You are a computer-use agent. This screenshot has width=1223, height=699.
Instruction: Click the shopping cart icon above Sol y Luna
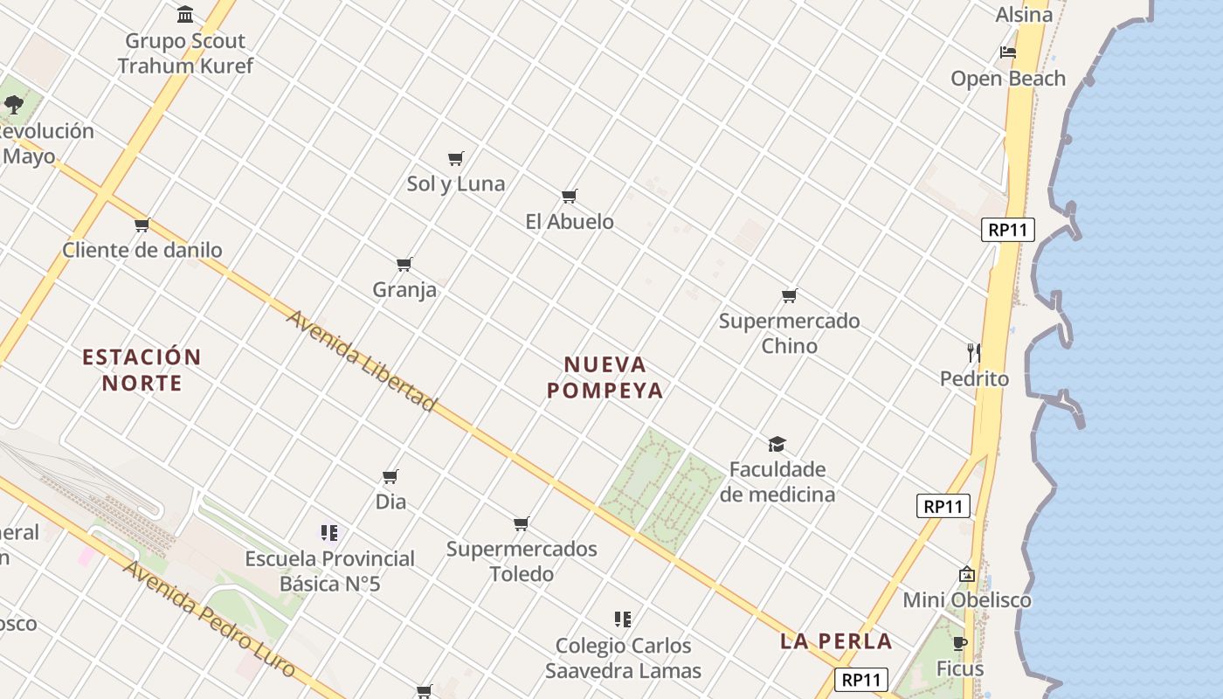point(455,158)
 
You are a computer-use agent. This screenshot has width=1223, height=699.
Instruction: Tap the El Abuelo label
point(570,222)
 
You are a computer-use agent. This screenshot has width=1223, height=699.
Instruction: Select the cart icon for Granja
point(404,264)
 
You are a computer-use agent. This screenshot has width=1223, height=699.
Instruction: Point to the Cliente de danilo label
point(142,250)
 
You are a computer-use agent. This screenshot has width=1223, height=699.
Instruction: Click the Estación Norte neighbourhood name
point(142,370)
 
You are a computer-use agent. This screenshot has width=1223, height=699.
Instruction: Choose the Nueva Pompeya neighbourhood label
point(605,377)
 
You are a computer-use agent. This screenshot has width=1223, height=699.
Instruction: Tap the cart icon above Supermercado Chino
point(789,295)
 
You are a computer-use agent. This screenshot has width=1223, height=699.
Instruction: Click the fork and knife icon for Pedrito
point(974,353)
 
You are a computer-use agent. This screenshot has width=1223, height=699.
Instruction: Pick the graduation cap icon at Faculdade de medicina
point(777,444)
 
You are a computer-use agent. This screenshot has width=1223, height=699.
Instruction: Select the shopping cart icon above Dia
point(390,476)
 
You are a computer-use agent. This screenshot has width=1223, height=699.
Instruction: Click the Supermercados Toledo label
point(522,561)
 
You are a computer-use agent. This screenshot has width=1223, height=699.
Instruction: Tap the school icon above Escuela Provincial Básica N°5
point(329,532)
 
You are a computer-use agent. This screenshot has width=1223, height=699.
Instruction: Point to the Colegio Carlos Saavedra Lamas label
point(623,658)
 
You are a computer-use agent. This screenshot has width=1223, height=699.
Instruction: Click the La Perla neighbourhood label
point(836,641)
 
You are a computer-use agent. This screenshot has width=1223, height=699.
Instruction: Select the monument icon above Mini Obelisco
point(966,574)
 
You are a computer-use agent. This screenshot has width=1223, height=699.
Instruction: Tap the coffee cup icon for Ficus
point(960,644)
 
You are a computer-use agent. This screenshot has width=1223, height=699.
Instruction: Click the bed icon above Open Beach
point(1007,52)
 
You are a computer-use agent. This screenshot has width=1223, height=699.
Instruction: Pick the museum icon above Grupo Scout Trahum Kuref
point(185,15)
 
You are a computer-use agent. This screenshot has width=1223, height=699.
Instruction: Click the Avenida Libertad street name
point(361,360)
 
